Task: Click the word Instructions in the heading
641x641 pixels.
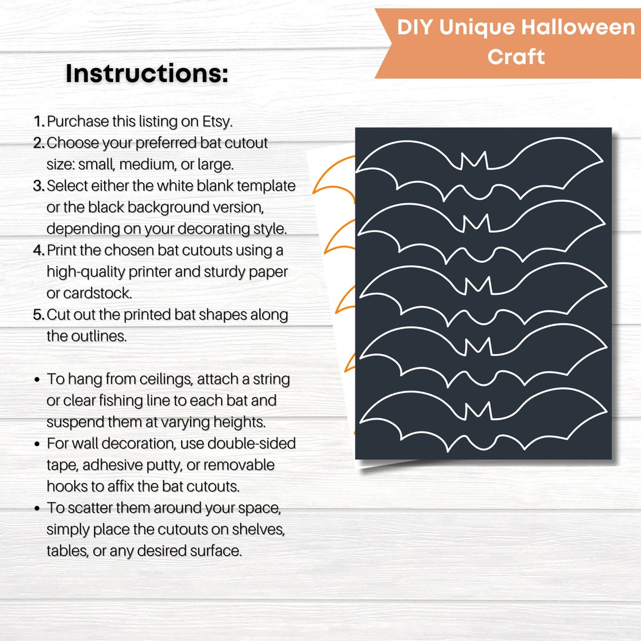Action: [147, 74]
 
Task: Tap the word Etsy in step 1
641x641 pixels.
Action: [216, 121]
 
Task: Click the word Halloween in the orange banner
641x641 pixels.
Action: [577, 27]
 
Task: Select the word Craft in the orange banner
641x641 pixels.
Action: [516, 57]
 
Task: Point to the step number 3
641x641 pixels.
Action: [38, 186]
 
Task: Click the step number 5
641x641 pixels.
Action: [38, 315]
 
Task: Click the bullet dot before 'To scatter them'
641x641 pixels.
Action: [37, 509]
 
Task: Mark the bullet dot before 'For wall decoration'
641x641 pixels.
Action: [37, 444]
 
